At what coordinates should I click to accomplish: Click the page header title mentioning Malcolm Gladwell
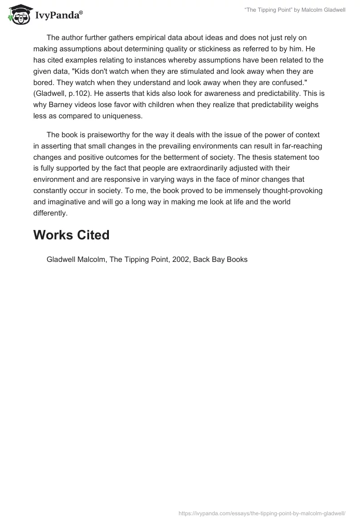point(295,10)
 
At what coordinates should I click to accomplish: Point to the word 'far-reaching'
point(302,146)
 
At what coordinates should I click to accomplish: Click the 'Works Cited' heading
point(71,234)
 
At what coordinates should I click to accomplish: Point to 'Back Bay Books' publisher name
point(220,260)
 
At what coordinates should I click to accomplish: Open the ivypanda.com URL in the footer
point(262,513)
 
